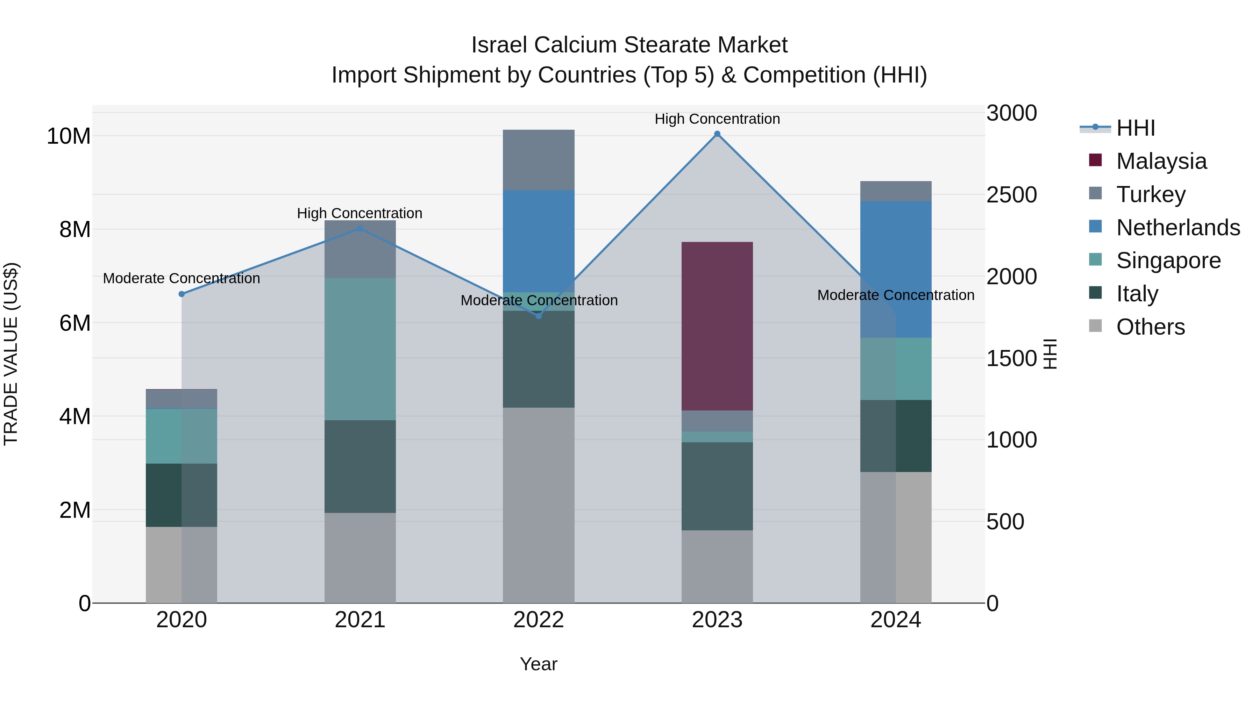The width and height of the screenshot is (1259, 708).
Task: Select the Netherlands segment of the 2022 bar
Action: (539, 241)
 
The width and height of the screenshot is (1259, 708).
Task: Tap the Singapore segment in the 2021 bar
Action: (360, 349)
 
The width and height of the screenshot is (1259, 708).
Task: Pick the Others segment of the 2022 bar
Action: (539, 505)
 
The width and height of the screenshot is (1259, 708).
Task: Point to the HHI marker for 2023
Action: (717, 134)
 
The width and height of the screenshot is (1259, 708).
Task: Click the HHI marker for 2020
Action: (182, 294)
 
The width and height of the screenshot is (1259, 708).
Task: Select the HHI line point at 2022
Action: (539, 316)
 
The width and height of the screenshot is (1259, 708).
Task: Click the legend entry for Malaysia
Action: (1161, 161)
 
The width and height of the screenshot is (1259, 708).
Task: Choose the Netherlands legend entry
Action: (1178, 228)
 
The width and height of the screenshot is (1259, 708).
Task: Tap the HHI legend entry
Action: (1135, 128)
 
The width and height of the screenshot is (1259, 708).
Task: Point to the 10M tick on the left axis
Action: (69, 136)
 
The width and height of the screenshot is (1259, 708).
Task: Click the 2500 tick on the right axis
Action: (1011, 195)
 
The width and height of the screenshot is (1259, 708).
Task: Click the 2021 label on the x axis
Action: (360, 620)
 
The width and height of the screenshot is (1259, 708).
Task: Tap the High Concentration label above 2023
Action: (717, 119)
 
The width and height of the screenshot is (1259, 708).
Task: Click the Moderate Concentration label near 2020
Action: (182, 279)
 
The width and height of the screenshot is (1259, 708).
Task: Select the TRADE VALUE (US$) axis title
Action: (11, 354)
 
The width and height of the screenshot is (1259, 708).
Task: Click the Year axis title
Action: (539, 664)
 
